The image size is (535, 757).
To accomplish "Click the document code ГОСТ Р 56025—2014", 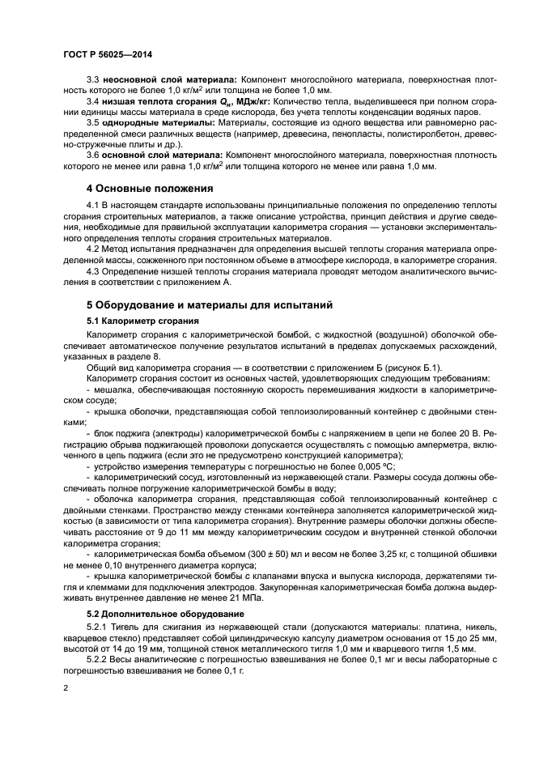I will (x=107, y=54).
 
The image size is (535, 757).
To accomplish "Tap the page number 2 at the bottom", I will (x=66, y=687).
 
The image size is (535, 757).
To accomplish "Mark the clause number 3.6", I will (x=93, y=155).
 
